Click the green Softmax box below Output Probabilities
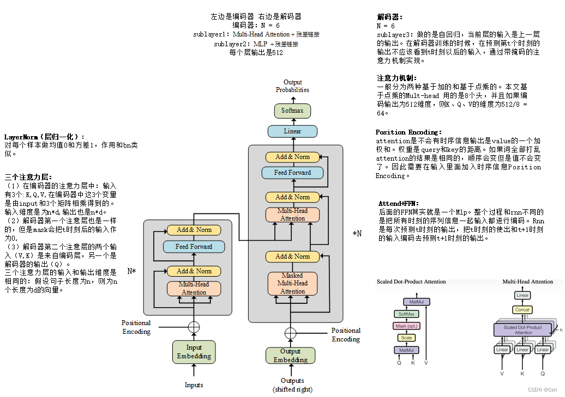coord(292,111)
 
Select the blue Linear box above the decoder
coord(292,131)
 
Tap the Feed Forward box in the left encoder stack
coord(194,247)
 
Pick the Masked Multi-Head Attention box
coord(292,283)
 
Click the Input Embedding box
coord(194,352)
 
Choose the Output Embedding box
coord(290,356)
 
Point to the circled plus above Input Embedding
coord(194,327)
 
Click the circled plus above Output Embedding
coord(290,333)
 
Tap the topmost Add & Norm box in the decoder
coord(292,157)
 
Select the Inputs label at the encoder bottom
coord(194,385)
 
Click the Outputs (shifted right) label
coord(292,385)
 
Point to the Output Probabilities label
coord(292,86)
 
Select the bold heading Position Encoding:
coord(408,132)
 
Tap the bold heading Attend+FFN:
coord(399,203)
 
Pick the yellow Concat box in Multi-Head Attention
coord(522,310)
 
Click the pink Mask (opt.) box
coord(406,326)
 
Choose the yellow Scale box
coord(406,338)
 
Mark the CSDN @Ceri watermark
coord(543,389)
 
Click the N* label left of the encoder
coord(131,271)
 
